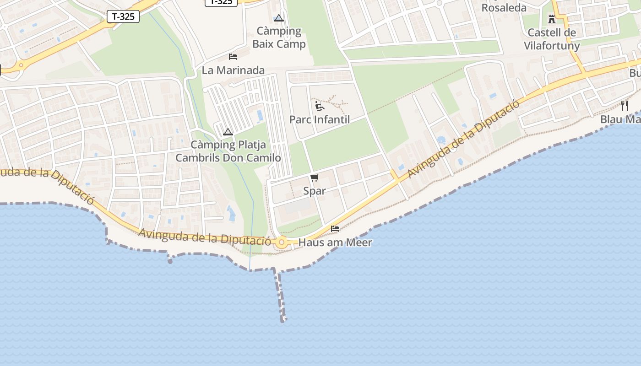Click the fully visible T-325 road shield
(123, 17)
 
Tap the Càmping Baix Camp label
(279, 38)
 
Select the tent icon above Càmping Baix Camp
(278, 19)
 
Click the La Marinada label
(233, 70)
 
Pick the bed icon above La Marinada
(233, 57)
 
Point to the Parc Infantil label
(320, 120)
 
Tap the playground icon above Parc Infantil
(320, 107)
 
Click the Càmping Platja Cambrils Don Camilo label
(228, 151)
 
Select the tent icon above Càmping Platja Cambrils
(228, 132)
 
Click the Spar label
(315, 191)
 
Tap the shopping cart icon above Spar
(314, 178)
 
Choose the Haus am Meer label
(335, 243)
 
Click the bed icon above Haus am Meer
(335, 229)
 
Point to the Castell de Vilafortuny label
(552, 39)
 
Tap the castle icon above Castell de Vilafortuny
(551, 19)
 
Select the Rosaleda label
(504, 8)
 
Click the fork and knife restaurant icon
(625, 106)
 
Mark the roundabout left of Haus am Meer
(281, 242)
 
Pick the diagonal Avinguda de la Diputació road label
(463, 139)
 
